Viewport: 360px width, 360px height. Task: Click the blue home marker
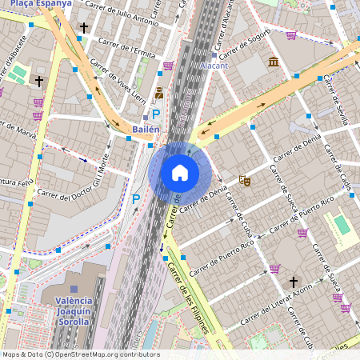[180, 172]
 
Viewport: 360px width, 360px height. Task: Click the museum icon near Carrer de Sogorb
[274, 62]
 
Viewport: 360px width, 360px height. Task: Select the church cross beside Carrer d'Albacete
[38, 81]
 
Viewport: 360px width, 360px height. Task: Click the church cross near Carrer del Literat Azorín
[294, 282]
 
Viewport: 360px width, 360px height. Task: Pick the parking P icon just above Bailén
[157, 114]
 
